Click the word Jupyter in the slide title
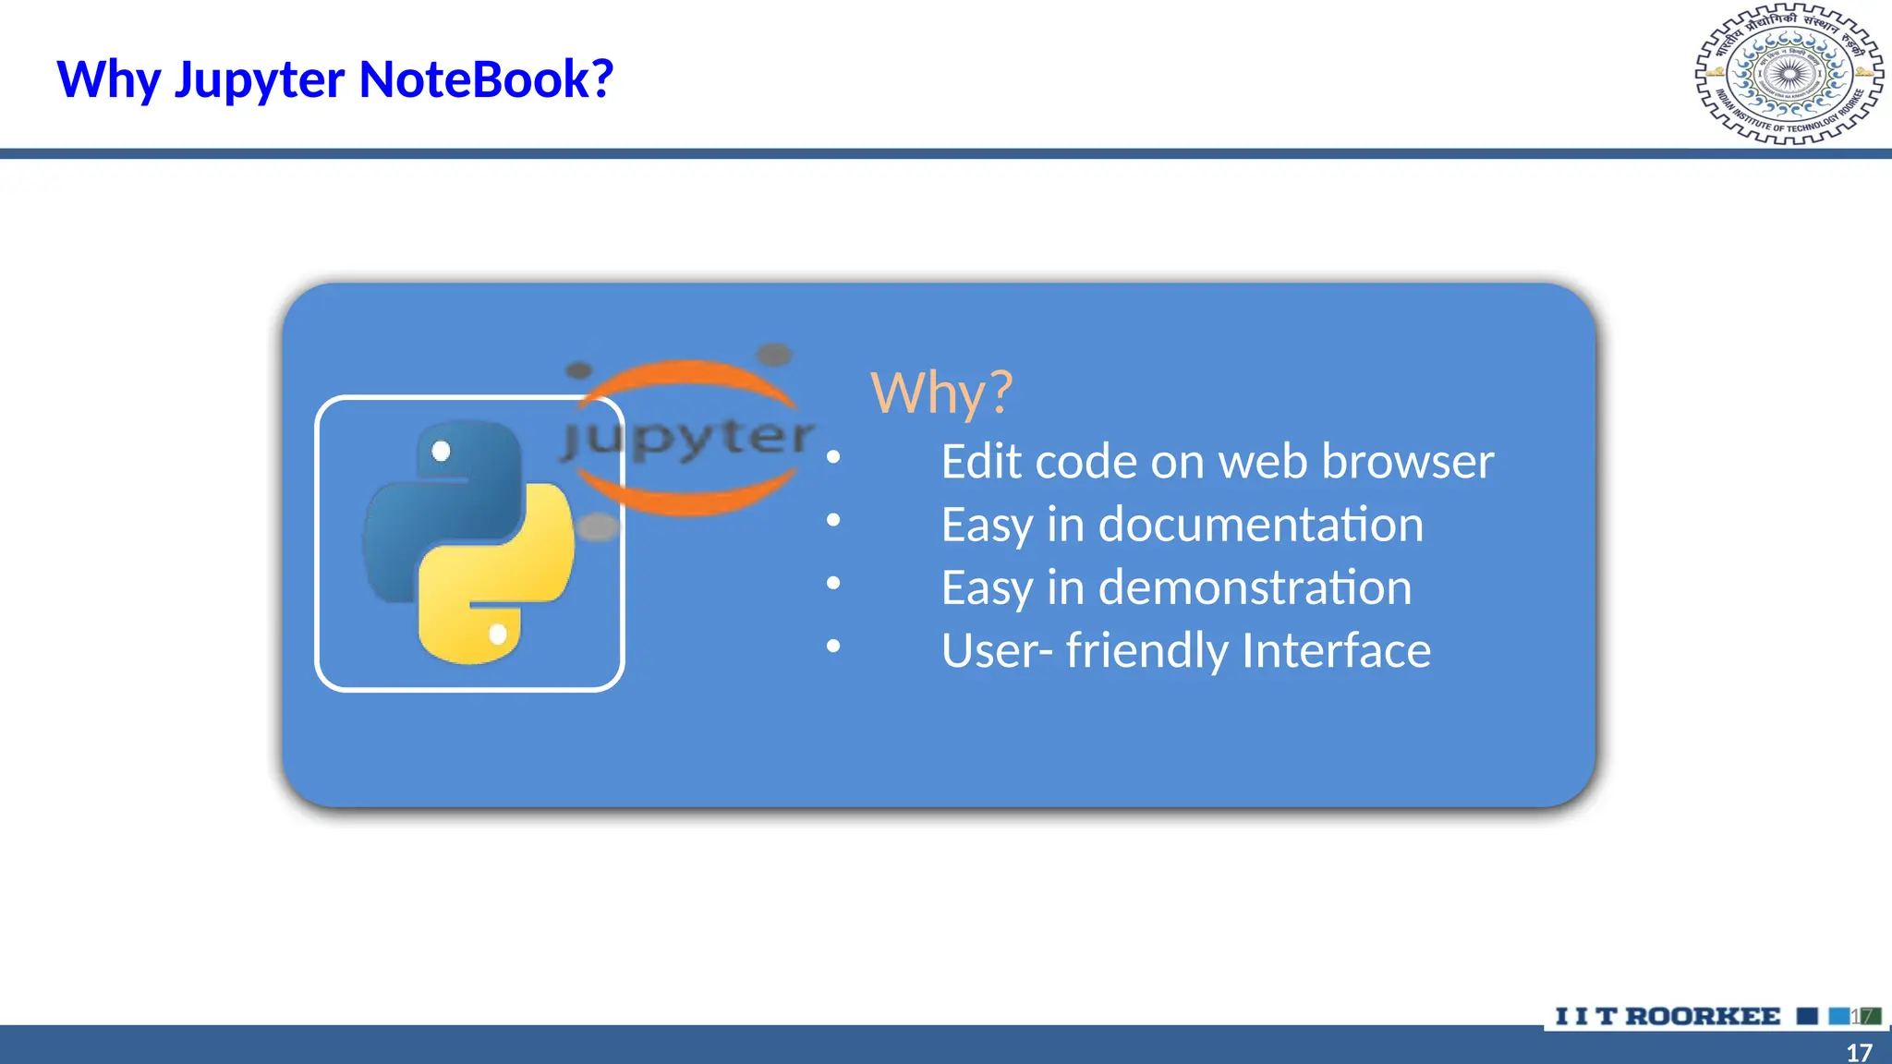tap(259, 80)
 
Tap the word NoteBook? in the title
tap(486, 79)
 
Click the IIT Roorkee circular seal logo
tap(1789, 75)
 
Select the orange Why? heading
tap(941, 393)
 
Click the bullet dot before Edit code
tap(833, 457)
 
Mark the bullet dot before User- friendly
tap(833, 646)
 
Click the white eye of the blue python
tap(441, 451)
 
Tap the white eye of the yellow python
tap(498, 635)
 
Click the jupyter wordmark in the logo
tap(688, 437)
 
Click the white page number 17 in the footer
tap(1859, 1052)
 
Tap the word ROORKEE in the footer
tap(1703, 1016)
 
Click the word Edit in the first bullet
tap(981, 461)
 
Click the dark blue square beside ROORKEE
tap(1807, 1016)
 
